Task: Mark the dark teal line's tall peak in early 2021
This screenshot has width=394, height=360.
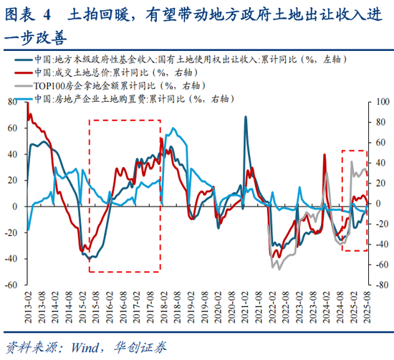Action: (x=246, y=117)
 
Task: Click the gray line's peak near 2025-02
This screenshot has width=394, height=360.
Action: (x=351, y=162)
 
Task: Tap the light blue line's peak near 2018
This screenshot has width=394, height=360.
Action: (x=173, y=129)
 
